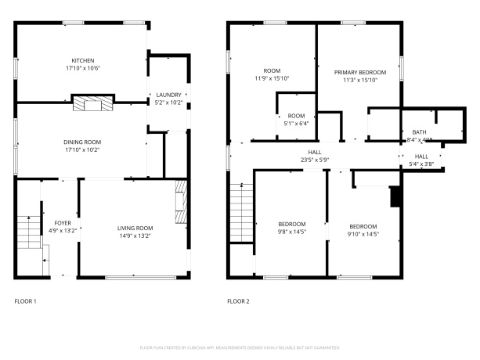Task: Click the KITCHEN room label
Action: click(x=83, y=60)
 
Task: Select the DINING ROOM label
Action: click(x=82, y=142)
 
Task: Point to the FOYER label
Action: click(x=63, y=223)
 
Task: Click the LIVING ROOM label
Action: click(x=134, y=227)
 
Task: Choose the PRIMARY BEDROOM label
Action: click(x=360, y=71)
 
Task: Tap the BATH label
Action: click(x=420, y=132)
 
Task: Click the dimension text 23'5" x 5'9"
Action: click(x=314, y=160)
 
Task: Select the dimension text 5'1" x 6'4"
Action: click(x=296, y=123)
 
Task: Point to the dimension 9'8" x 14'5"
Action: click(x=291, y=232)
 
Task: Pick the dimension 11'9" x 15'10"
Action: click(x=272, y=78)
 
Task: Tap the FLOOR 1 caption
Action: click(x=26, y=301)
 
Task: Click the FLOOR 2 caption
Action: click(x=238, y=301)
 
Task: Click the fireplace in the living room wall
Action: click(x=181, y=204)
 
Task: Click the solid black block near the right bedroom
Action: click(x=395, y=196)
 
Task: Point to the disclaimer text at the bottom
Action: click(x=240, y=347)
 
